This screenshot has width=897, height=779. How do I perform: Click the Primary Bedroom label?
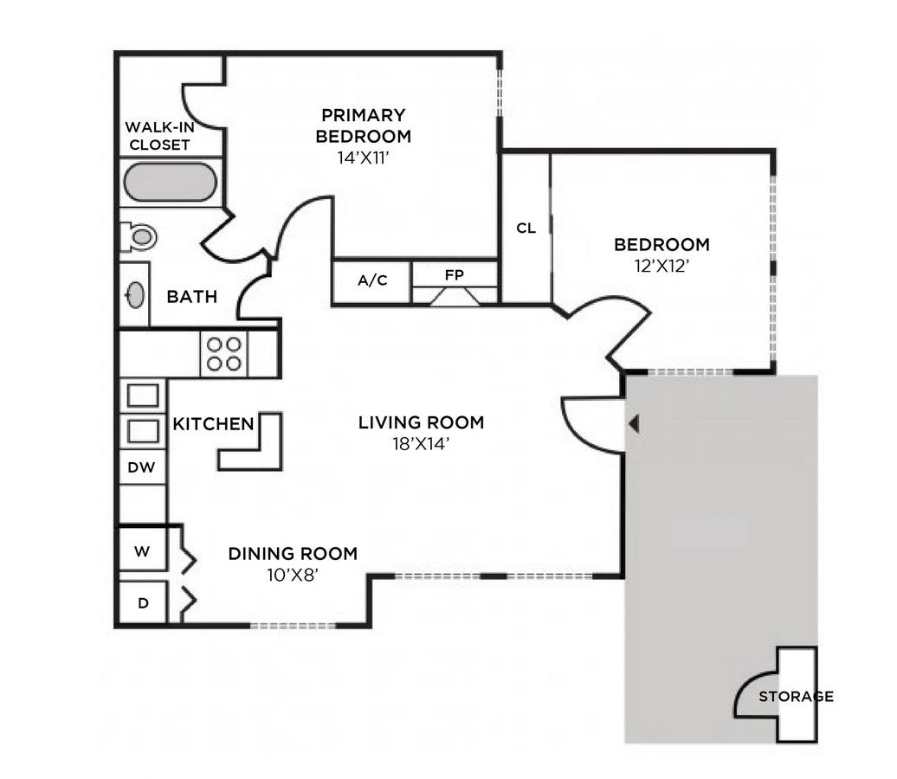pos(364,126)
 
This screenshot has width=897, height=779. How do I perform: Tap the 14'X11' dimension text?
pos(364,158)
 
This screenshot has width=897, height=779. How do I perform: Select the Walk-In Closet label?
pos(159,136)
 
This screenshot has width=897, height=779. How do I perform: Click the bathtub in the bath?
pos(170,182)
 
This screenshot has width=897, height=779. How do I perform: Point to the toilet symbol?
pos(139,236)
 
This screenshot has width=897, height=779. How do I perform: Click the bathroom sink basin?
pos(136,295)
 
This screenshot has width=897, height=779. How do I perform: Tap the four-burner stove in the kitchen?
pos(223,354)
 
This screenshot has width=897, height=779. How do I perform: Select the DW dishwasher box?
pos(142,467)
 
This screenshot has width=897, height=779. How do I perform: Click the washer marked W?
pos(142,551)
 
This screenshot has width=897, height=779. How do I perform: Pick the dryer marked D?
pos(143,602)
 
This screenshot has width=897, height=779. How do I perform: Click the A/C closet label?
pos(372,280)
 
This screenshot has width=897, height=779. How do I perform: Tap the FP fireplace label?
pos(455,275)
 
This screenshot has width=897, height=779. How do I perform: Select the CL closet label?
pos(526,229)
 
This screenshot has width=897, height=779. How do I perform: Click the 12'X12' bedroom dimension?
pos(661,266)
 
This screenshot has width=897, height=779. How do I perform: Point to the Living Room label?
pos(421,422)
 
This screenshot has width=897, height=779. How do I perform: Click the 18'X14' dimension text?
pos(421,444)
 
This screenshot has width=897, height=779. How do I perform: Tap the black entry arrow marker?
pos(633,424)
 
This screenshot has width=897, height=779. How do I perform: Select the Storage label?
pos(796,696)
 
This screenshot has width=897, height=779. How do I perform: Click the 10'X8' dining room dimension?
pos(293,575)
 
